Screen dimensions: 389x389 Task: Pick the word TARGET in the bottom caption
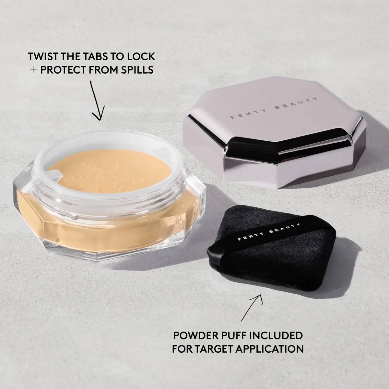[216, 349]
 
